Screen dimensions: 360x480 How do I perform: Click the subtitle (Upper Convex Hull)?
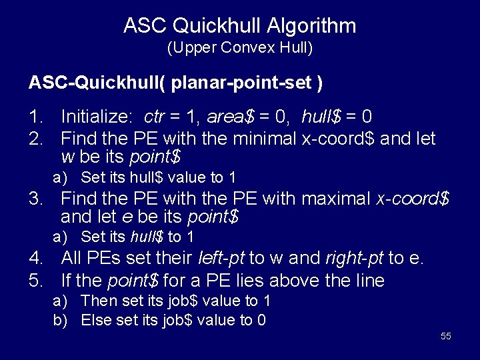[x=239, y=48]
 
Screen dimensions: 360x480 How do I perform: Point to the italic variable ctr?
[x=154, y=118]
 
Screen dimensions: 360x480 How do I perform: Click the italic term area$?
[x=231, y=117]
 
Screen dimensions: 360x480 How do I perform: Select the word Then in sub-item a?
[x=95, y=301]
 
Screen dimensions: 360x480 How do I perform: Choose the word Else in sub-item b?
[x=95, y=320]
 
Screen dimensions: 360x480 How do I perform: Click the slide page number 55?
[x=446, y=336]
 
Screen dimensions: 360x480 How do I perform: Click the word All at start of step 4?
[x=71, y=259]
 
